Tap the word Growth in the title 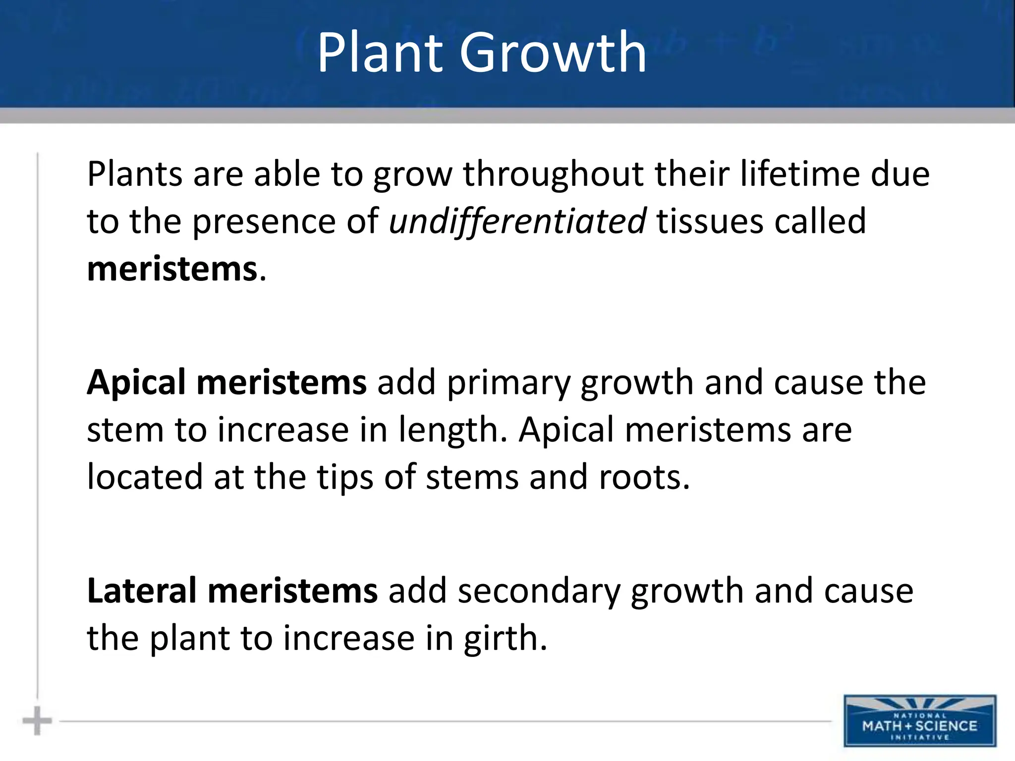[x=553, y=53]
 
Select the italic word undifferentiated [x=517, y=221]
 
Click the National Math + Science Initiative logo [x=920, y=721]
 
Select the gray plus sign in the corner [x=37, y=721]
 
